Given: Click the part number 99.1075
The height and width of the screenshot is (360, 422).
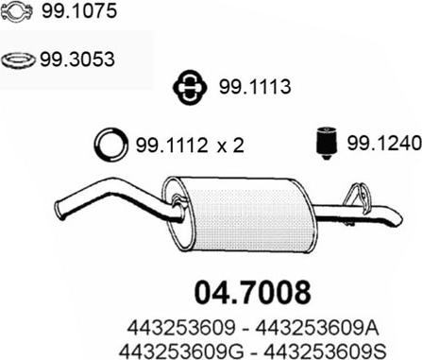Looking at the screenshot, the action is (79, 11).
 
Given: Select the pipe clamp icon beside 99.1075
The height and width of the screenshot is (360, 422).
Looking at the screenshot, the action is (17, 11).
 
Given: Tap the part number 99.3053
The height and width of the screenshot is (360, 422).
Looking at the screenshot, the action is (77, 60).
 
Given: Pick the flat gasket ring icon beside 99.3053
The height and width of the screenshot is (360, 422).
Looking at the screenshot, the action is (18, 60).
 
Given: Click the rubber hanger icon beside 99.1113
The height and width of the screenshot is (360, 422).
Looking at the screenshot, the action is (190, 87).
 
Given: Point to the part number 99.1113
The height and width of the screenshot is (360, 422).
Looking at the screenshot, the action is (255, 87).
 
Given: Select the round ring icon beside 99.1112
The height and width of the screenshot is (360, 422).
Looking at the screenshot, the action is (111, 145).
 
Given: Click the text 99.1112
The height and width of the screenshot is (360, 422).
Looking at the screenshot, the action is (172, 146).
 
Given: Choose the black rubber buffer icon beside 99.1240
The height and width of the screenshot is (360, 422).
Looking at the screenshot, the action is (327, 143).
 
